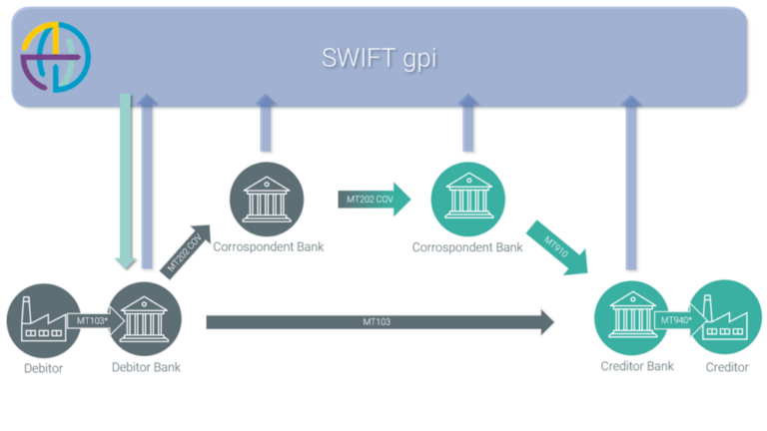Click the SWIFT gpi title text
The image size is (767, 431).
[379, 58]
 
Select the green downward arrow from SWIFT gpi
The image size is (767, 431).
[126, 180]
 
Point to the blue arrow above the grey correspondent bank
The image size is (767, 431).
[266, 125]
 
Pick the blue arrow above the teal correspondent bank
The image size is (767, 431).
[466, 125]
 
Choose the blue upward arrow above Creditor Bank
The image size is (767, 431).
[630, 180]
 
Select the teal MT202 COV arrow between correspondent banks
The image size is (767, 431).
[375, 200]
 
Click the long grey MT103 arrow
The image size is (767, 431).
[380, 321]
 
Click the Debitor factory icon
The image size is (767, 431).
[43, 320]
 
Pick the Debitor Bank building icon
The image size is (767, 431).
[145, 318]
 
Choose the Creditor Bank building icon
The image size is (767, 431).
[631, 318]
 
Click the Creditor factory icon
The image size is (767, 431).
[726, 318]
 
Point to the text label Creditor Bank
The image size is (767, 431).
[636, 366]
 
